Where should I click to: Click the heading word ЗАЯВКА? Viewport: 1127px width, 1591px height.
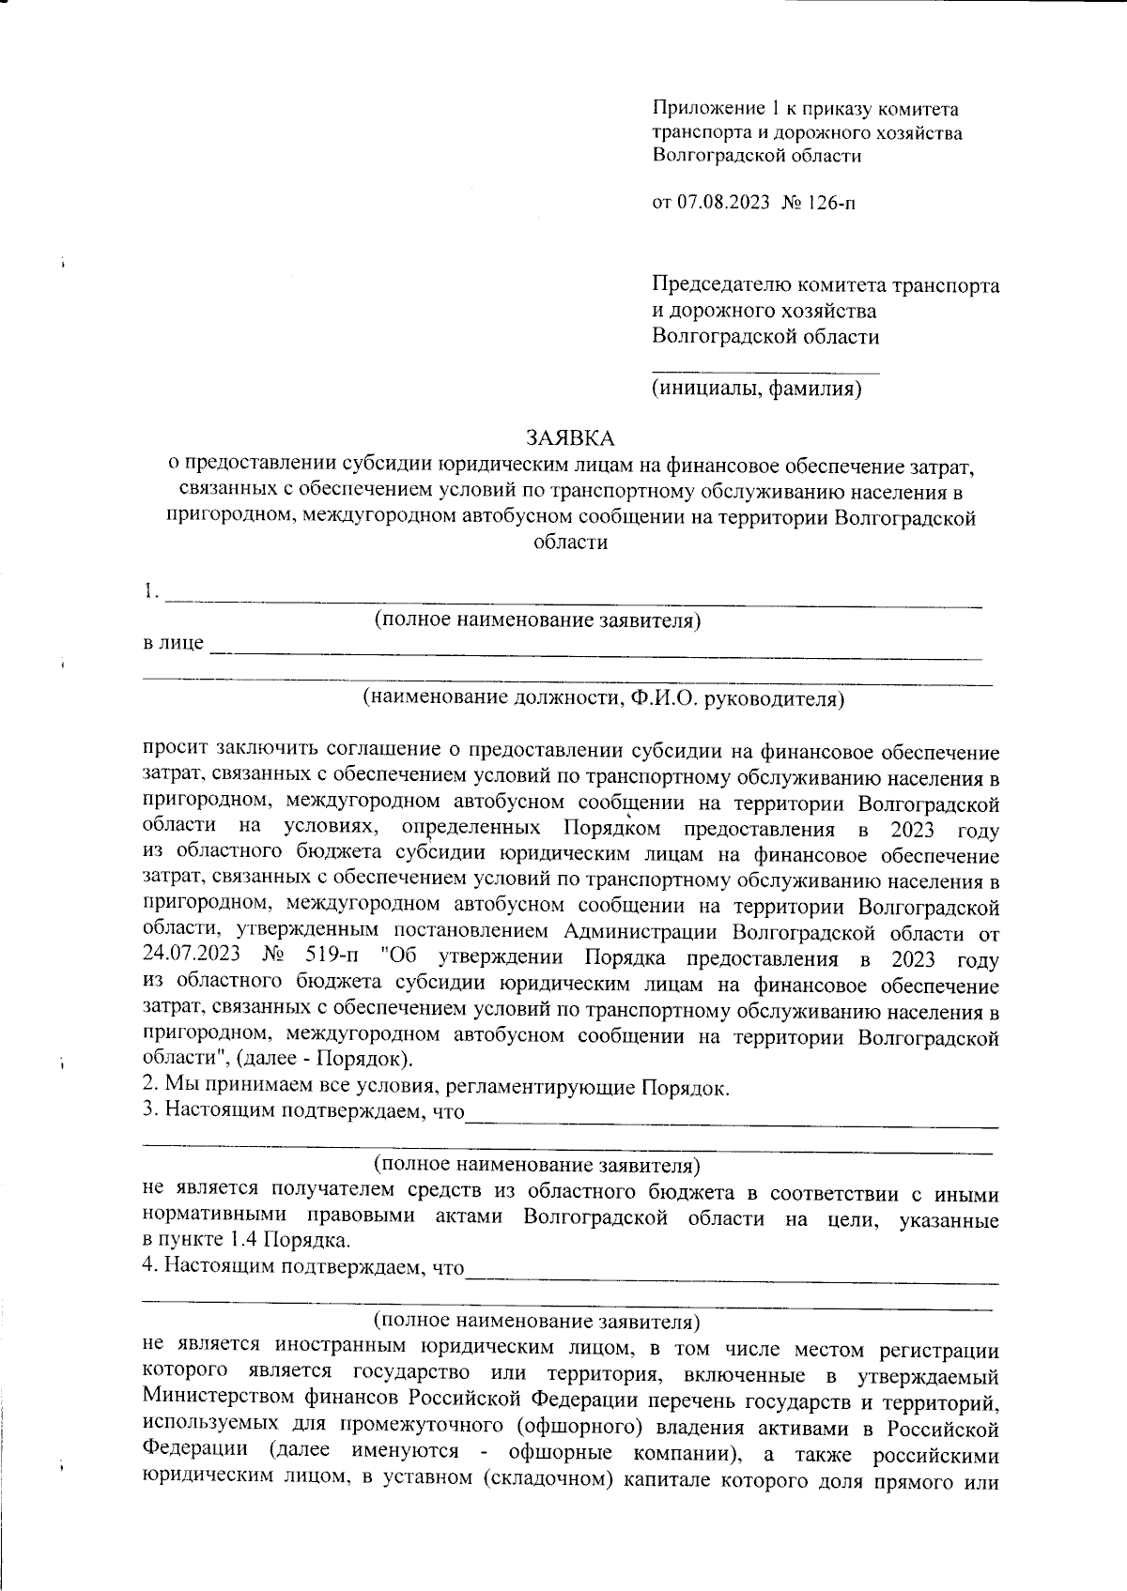click(570, 437)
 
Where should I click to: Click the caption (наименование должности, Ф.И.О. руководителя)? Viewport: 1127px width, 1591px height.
click(604, 698)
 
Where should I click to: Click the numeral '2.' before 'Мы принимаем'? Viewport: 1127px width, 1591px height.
click(149, 1086)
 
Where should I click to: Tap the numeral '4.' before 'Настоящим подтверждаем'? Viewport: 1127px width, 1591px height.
click(149, 1267)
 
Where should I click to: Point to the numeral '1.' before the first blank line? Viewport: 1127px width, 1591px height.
click(149, 591)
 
